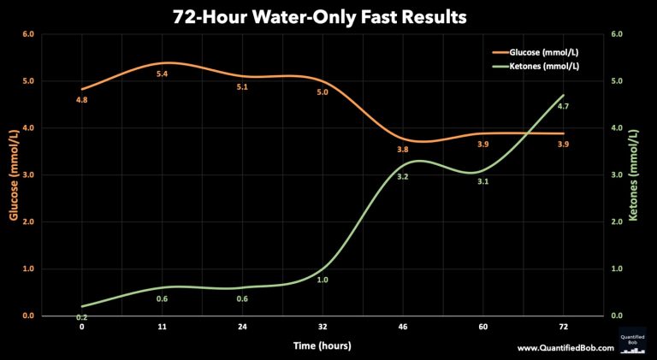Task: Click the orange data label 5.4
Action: tap(162, 74)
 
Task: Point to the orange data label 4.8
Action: tap(82, 100)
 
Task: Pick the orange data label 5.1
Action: tap(242, 87)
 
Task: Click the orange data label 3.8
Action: tap(403, 150)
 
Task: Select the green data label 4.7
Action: tap(563, 106)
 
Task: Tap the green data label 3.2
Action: tap(403, 176)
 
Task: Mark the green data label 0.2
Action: tap(82, 317)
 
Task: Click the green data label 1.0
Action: tap(323, 280)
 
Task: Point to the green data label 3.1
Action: tap(482, 181)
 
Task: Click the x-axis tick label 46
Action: tap(403, 327)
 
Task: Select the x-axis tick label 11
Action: tap(162, 327)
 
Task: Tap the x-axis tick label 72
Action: tap(563, 327)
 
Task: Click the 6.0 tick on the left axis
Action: tap(27, 35)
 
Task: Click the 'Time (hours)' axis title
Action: tap(322, 345)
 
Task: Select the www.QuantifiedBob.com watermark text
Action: tap(565, 348)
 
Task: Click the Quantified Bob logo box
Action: tap(635, 339)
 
